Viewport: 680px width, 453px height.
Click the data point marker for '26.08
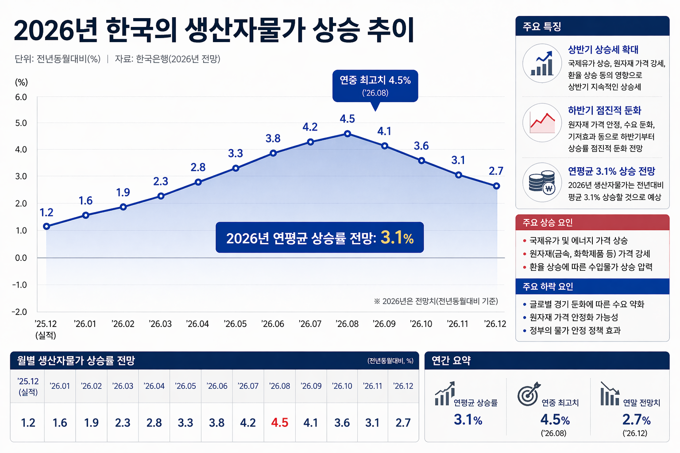[348, 134]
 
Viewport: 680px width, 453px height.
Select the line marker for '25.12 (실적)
[46, 226]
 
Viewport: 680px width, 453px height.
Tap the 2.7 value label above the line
[496, 171]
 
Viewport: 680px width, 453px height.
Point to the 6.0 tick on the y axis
[21, 97]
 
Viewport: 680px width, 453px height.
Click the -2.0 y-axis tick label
[19, 312]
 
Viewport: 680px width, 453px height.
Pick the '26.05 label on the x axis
[235, 324]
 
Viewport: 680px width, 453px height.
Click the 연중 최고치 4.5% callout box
[375, 86]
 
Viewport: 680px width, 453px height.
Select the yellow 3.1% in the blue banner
[397, 238]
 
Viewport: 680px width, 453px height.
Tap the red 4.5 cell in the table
[279, 423]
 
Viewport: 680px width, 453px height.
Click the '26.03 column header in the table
[123, 386]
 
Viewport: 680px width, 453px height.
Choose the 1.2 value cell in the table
[28, 423]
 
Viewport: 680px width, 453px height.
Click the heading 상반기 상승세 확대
[603, 50]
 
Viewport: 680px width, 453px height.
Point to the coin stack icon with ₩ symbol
[542, 182]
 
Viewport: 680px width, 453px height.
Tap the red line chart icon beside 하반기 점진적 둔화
[542, 123]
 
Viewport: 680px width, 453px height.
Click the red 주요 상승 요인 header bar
[592, 223]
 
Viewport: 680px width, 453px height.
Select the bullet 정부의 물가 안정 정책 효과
[575, 330]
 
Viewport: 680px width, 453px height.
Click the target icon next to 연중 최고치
[529, 394]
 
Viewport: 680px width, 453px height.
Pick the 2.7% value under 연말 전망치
[636, 419]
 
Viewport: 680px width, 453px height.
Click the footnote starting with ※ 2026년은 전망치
[436, 301]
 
